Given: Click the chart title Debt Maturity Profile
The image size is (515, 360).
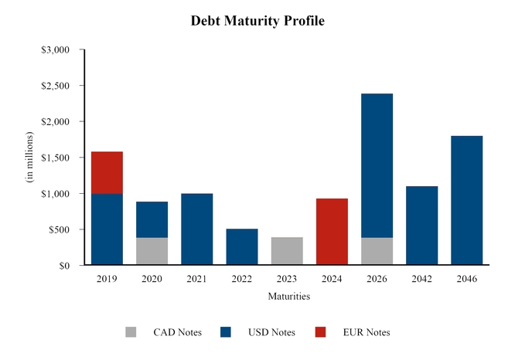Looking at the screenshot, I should pos(257,21).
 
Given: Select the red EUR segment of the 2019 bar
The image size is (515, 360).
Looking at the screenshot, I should pos(107,172).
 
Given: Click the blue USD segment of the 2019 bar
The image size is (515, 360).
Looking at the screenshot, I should pos(107,229).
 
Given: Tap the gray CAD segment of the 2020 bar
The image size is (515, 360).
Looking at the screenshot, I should pos(152,251).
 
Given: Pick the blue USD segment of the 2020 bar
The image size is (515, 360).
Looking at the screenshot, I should pos(152,219).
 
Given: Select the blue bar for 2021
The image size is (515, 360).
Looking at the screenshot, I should pos(196,229).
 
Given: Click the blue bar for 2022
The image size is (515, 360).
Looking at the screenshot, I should pos(241,247).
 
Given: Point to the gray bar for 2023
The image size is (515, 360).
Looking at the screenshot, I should pos(287,251).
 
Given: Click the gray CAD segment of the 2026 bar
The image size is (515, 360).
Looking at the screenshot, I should pos(377,251).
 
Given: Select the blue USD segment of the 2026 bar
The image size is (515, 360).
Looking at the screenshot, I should pos(377,165).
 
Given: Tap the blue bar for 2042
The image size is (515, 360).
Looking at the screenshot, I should pos(421,226).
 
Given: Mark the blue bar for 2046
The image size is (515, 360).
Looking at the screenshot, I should pos(466,201).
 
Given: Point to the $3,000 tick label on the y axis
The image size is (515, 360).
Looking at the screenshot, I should pos(55,50).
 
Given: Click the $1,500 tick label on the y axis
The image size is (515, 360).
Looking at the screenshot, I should pos(55,158).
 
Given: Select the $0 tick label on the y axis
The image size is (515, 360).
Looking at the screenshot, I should pos(63,266).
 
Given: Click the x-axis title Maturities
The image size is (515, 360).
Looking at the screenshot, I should pos(288,296).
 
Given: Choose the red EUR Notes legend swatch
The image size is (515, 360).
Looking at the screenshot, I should pos(321,332).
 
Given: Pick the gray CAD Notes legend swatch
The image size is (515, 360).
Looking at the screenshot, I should pos(131,332).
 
